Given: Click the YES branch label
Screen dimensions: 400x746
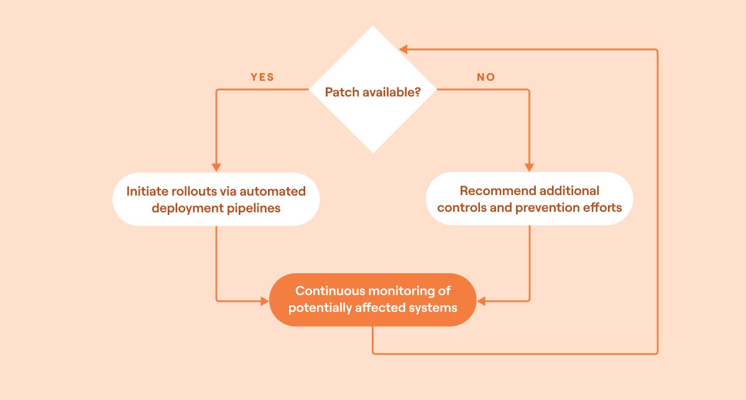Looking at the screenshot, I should (262, 78).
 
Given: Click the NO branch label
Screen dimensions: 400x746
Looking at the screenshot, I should (486, 78).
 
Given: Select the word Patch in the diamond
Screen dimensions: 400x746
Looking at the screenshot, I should (341, 93).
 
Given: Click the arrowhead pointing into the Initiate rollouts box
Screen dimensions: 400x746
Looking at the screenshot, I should (216, 167).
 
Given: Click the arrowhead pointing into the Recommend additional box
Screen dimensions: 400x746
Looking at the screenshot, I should (529, 167).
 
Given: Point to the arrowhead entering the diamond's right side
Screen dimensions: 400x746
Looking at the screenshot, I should (404, 49).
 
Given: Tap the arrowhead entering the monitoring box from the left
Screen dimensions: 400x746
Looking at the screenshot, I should (264, 301).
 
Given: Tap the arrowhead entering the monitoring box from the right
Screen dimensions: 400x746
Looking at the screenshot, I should (482, 301).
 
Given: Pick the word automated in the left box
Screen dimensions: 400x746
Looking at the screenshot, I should (273, 191).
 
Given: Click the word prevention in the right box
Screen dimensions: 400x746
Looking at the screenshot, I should (546, 207).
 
